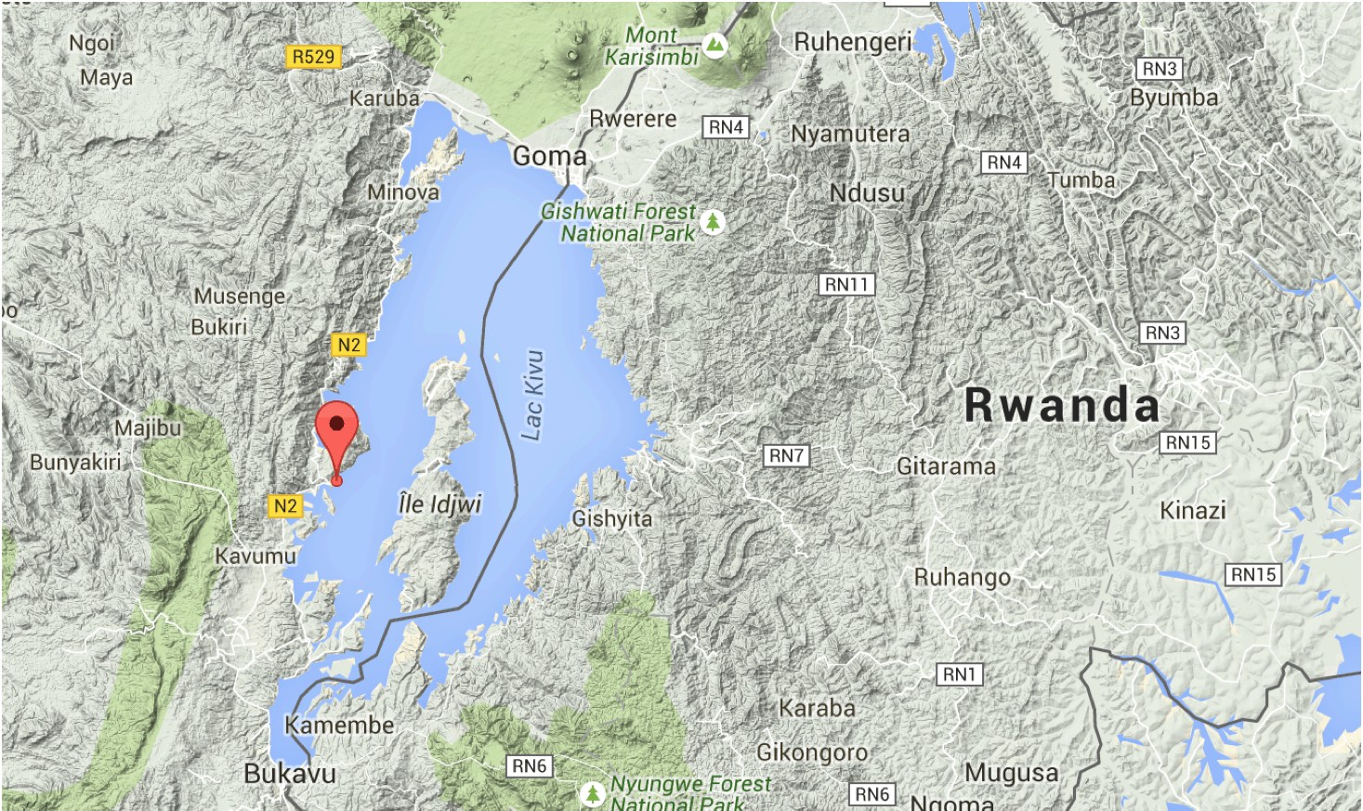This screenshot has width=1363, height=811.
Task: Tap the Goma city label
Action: tap(550, 156)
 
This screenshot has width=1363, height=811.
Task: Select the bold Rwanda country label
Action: tap(1062, 405)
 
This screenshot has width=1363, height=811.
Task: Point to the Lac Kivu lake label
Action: tap(532, 395)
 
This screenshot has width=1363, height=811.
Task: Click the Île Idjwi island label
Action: tap(439, 504)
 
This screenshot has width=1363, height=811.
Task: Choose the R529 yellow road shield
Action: tap(313, 57)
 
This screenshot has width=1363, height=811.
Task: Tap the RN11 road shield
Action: tap(847, 284)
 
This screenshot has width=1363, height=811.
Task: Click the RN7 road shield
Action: tap(786, 455)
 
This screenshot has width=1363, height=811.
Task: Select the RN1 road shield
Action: tap(959, 674)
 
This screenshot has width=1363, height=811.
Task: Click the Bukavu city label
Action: tap(289, 773)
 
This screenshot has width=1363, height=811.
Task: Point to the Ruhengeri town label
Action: tap(853, 42)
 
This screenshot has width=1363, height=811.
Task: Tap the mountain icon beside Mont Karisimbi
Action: tap(714, 45)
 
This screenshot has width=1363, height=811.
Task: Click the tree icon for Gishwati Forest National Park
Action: tap(713, 222)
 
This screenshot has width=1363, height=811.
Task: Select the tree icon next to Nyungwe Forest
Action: tap(592, 794)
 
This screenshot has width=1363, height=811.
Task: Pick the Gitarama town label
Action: tap(946, 466)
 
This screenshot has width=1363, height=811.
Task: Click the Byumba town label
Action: tap(1173, 98)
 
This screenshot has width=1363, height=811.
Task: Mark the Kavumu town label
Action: tap(256, 556)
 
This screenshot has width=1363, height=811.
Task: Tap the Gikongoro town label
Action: tap(812, 752)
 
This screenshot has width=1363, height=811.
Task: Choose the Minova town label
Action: tap(403, 192)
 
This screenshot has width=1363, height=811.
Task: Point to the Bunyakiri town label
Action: tap(75, 462)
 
